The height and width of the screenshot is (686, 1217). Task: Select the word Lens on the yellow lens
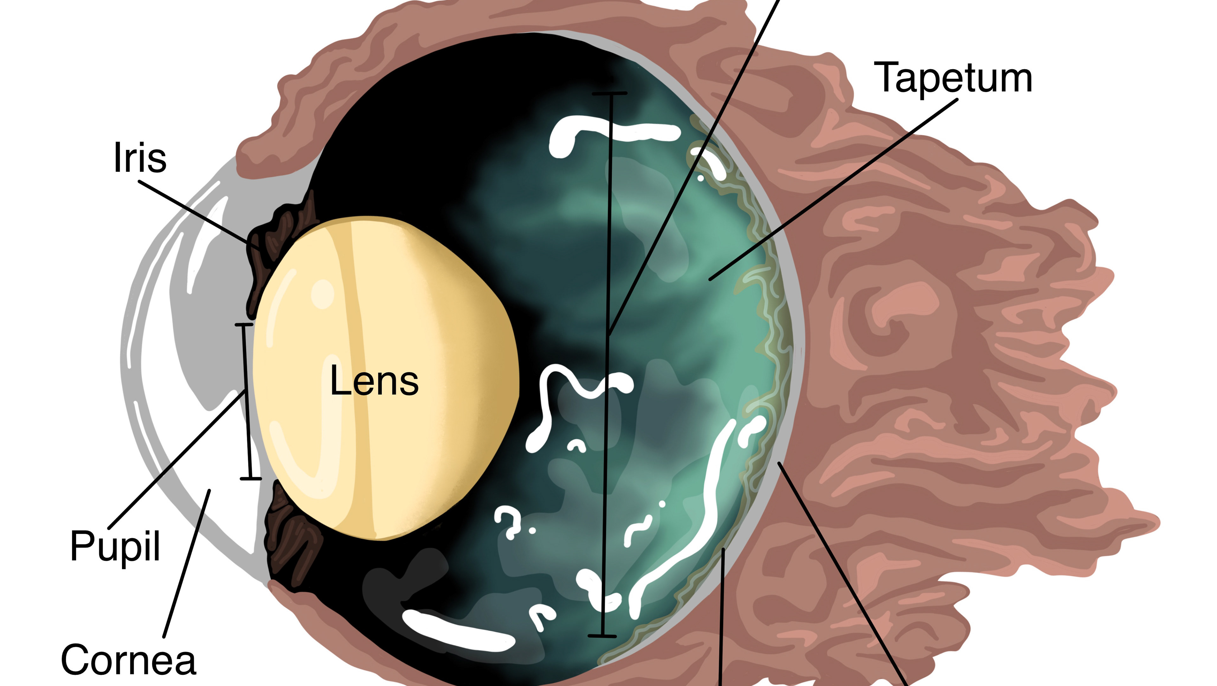(x=374, y=381)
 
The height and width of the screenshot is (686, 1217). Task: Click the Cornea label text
(x=128, y=660)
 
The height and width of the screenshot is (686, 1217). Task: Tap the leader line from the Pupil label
(x=177, y=458)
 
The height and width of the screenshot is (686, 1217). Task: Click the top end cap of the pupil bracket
(x=244, y=325)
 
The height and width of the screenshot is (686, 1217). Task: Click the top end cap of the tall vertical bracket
(x=609, y=94)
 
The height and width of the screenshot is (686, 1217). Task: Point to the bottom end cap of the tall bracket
(x=602, y=636)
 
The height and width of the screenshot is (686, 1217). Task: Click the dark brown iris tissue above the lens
(x=283, y=227)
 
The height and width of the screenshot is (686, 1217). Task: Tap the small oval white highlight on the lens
(x=323, y=294)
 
